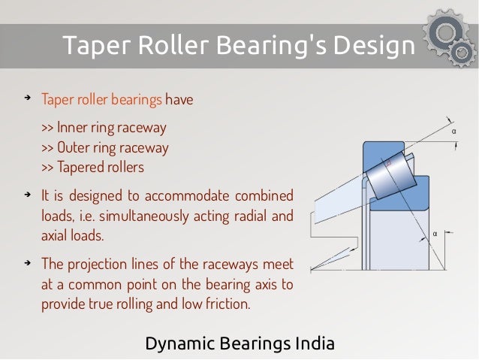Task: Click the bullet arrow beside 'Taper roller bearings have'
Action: [27, 99]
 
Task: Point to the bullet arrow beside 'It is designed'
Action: [27, 195]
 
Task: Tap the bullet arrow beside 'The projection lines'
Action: [27, 263]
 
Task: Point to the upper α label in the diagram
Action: [453, 132]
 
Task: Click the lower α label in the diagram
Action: [435, 233]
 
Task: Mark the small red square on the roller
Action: [388, 162]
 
